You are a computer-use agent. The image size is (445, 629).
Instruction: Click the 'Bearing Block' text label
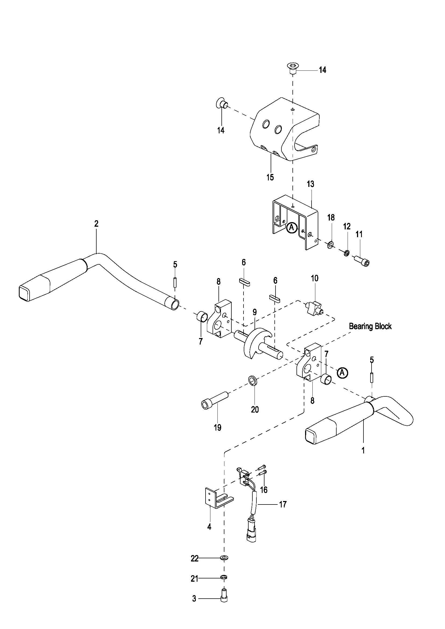click(x=370, y=326)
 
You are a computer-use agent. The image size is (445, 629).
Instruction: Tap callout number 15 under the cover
click(x=270, y=177)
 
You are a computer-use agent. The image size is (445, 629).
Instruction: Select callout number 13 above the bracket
click(x=310, y=184)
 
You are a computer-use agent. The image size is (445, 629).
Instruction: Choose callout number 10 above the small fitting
click(x=315, y=278)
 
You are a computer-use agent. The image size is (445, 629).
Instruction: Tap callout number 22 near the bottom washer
click(x=195, y=558)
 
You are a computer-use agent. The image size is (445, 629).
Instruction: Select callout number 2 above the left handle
click(x=96, y=223)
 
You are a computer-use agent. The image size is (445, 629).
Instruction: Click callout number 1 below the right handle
click(x=363, y=450)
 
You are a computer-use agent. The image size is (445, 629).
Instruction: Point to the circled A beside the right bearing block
click(x=342, y=372)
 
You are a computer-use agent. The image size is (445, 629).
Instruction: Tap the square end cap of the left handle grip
click(x=24, y=294)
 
